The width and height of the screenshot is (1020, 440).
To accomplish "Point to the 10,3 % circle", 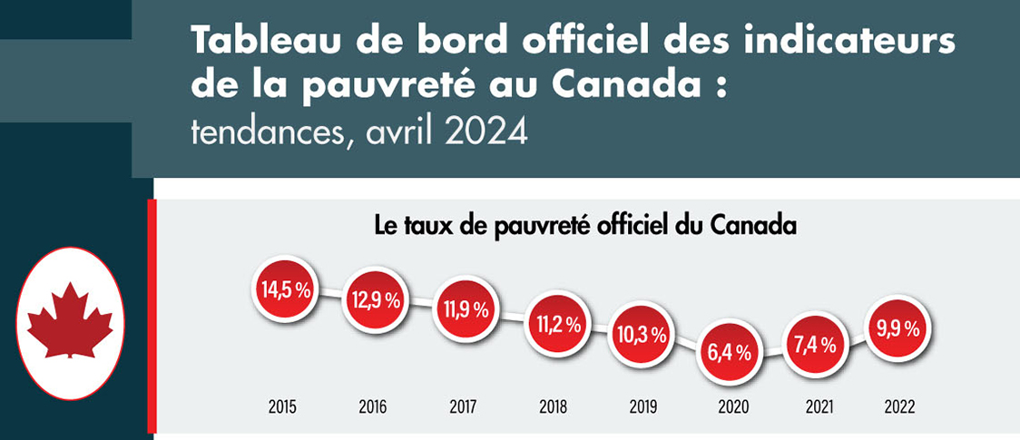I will tap(640, 334).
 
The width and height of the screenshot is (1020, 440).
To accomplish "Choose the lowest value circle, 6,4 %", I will tap(729, 353).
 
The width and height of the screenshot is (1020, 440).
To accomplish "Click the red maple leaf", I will tap(70, 319).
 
